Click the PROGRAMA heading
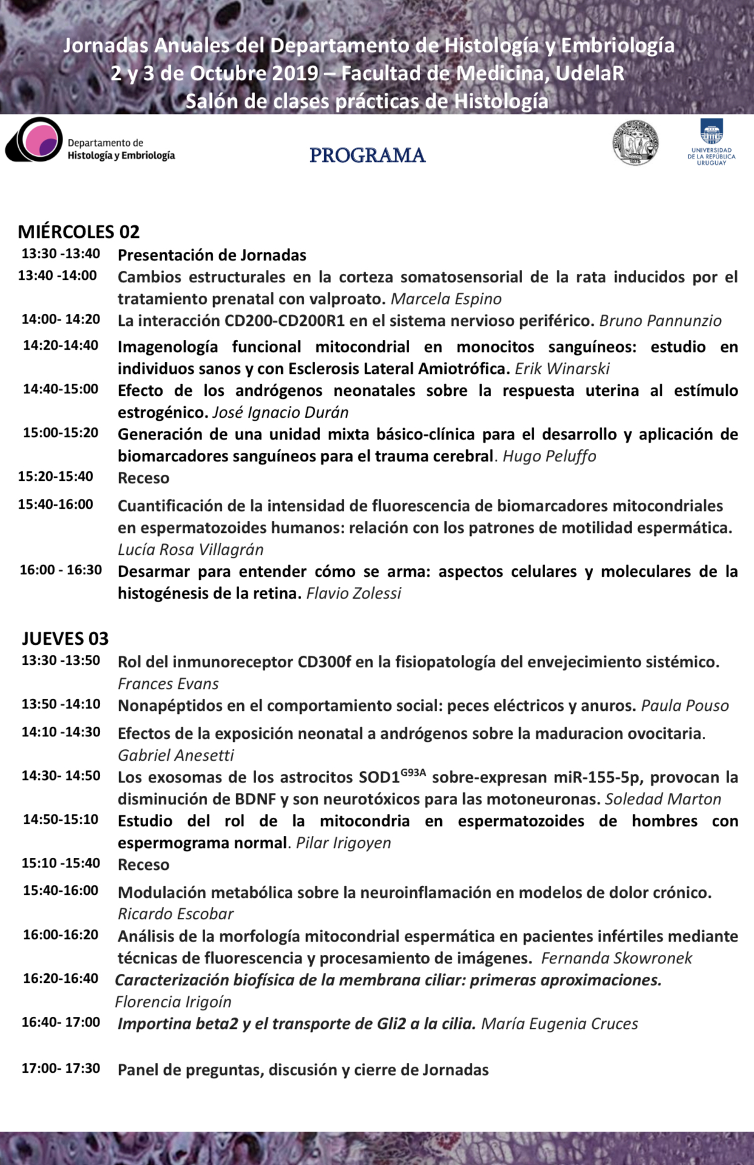[367, 155]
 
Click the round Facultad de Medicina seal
[635, 143]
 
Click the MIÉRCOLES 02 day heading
[79, 232]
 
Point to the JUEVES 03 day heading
[66, 639]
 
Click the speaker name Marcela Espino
[446, 299]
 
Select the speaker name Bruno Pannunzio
[660, 321]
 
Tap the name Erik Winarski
[562, 369]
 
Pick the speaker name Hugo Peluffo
[549, 457]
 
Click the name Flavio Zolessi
[353, 594]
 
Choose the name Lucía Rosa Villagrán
[191, 550]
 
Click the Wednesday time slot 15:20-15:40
[56, 477]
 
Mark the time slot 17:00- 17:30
[61, 1068]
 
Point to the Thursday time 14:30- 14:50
[61, 776]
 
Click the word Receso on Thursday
[143, 865]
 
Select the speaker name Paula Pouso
[685, 706]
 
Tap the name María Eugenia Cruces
[559, 1024]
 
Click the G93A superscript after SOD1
[413, 773]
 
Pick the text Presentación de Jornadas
[212, 256]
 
